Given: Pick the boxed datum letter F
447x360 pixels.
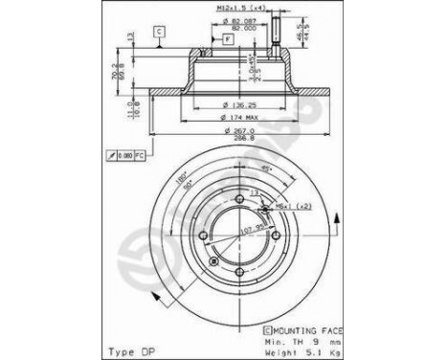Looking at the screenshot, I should (x=228, y=39).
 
